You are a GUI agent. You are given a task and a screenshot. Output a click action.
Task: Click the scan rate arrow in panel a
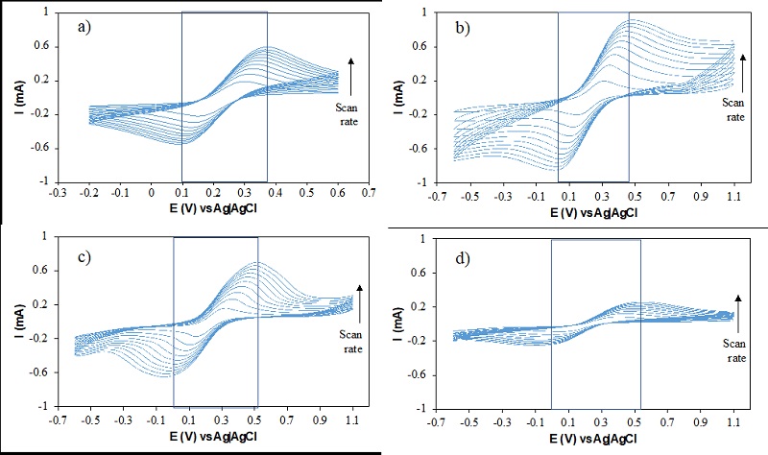click(x=351, y=74)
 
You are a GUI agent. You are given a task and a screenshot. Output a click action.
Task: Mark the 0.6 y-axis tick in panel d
click(x=422, y=274)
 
